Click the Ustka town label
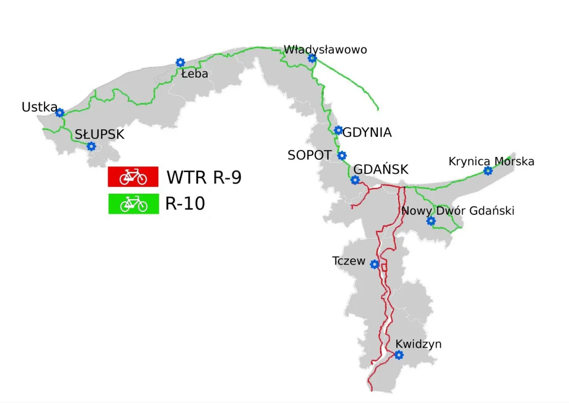[39, 107]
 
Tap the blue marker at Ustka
[60, 113]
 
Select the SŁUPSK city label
[99, 134]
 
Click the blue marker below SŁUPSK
[91, 146]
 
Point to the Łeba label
[195, 74]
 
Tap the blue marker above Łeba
[180, 62]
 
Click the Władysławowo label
[325, 49]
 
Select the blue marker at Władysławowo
[312, 58]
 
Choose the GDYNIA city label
[367, 133]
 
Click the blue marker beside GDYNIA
[338, 130]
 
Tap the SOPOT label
[309, 155]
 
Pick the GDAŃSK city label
[381, 170]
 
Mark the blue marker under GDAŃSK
[355, 180]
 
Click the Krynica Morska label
[491, 161]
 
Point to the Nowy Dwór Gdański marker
[430, 220]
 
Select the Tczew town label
[349, 261]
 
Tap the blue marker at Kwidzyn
[399, 355]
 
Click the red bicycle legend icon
[133, 177]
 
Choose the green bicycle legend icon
[133, 204]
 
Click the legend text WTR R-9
[204, 177]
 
